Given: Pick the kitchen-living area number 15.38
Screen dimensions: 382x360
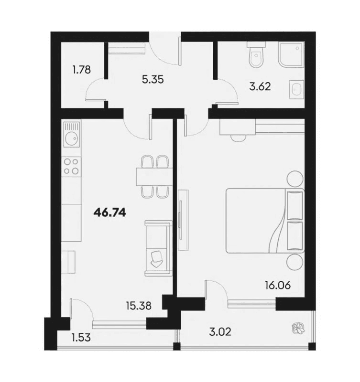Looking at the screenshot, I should [139, 306].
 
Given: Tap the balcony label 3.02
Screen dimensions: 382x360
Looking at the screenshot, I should [221, 330].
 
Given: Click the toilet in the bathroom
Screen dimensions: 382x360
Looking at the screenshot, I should [256, 58].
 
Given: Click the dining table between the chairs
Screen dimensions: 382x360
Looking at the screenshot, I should [154, 177].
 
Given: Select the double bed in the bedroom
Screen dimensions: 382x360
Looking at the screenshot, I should [264, 220].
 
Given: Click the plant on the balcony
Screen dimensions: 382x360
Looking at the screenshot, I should [297, 329].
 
